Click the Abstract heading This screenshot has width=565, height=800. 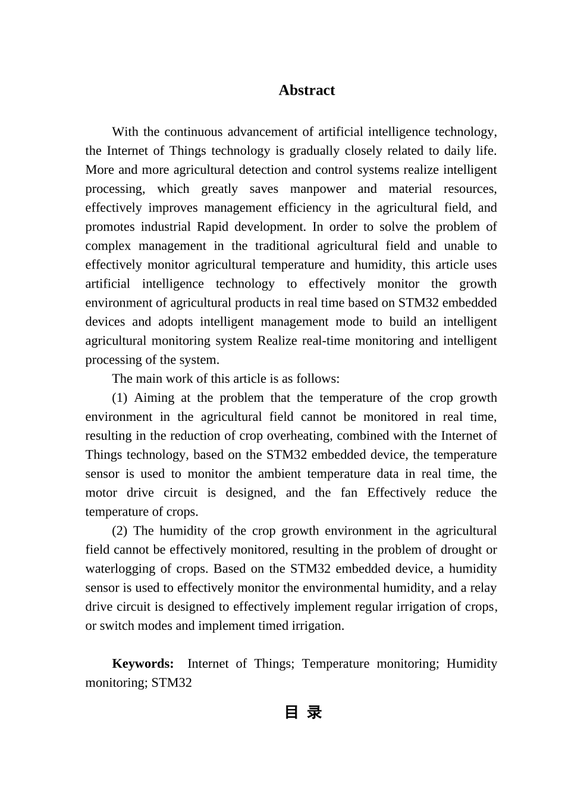(306, 90)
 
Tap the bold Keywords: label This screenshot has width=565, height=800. (143, 664)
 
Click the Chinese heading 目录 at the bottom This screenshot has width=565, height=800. (303, 712)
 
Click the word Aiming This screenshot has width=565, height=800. (153, 398)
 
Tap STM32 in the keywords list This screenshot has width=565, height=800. (171, 683)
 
